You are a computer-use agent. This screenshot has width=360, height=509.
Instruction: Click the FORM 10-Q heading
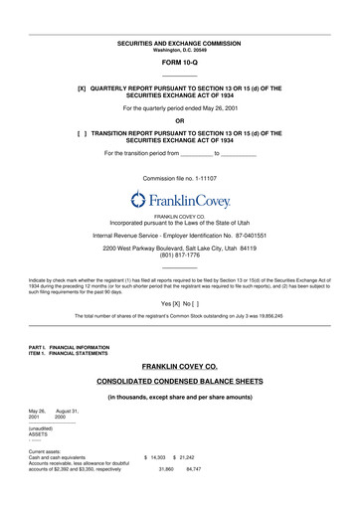click(x=179, y=63)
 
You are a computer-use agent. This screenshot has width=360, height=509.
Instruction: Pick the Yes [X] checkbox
click(x=175, y=299)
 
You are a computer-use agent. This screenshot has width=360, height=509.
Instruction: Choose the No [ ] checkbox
click(x=194, y=299)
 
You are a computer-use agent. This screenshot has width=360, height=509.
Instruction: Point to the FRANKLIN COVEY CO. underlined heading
click(x=179, y=367)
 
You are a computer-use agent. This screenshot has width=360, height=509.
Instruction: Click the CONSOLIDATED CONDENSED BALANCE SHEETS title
click(x=179, y=381)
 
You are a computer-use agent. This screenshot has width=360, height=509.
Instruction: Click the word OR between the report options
click(x=179, y=119)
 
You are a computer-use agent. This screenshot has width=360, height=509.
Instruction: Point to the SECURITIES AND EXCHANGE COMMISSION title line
click(x=179, y=44)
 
